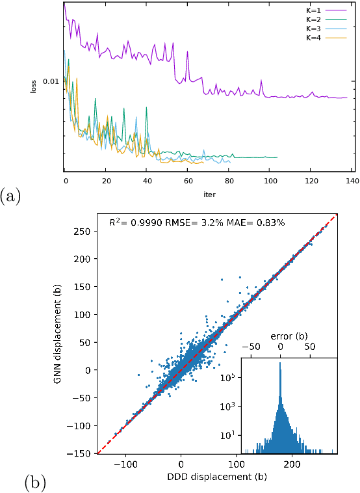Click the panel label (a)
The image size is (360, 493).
(11, 196)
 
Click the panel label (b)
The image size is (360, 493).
(35, 482)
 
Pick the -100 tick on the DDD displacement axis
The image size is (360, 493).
(126, 464)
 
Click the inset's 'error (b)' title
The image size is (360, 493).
(289, 337)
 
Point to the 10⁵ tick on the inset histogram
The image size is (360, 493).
(231, 377)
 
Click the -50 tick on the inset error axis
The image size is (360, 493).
(253, 348)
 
